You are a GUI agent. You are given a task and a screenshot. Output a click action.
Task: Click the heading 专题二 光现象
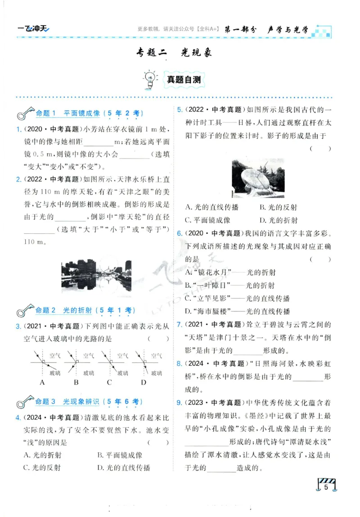(174, 53)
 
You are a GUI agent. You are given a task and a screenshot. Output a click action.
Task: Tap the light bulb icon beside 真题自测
(148, 79)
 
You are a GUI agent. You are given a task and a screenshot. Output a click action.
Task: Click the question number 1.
(18, 130)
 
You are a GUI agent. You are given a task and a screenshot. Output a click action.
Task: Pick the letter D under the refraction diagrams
(144, 382)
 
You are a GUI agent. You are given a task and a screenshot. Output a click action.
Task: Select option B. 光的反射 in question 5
(278, 208)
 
